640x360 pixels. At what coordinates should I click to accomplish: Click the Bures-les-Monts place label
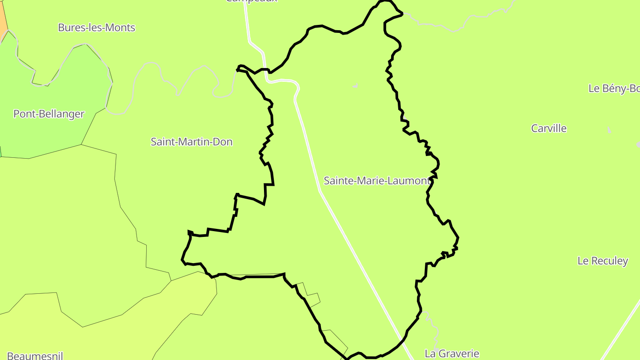point(96,28)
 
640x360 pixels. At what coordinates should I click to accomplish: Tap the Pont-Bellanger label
point(49,114)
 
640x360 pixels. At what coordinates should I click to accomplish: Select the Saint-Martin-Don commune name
point(192,142)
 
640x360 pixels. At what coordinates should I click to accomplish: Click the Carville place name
point(549,128)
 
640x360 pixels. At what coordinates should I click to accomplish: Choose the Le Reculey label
point(603,261)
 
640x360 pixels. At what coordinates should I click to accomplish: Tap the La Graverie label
point(452,354)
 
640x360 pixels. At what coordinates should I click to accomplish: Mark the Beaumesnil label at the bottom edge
point(35,356)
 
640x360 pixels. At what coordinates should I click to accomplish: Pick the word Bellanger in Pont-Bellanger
point(61,114)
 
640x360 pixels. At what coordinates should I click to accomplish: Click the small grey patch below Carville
point(609,130)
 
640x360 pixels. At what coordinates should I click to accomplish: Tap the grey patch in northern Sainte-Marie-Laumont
point(356,85)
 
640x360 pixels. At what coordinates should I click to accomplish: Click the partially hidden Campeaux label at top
point(251,1)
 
